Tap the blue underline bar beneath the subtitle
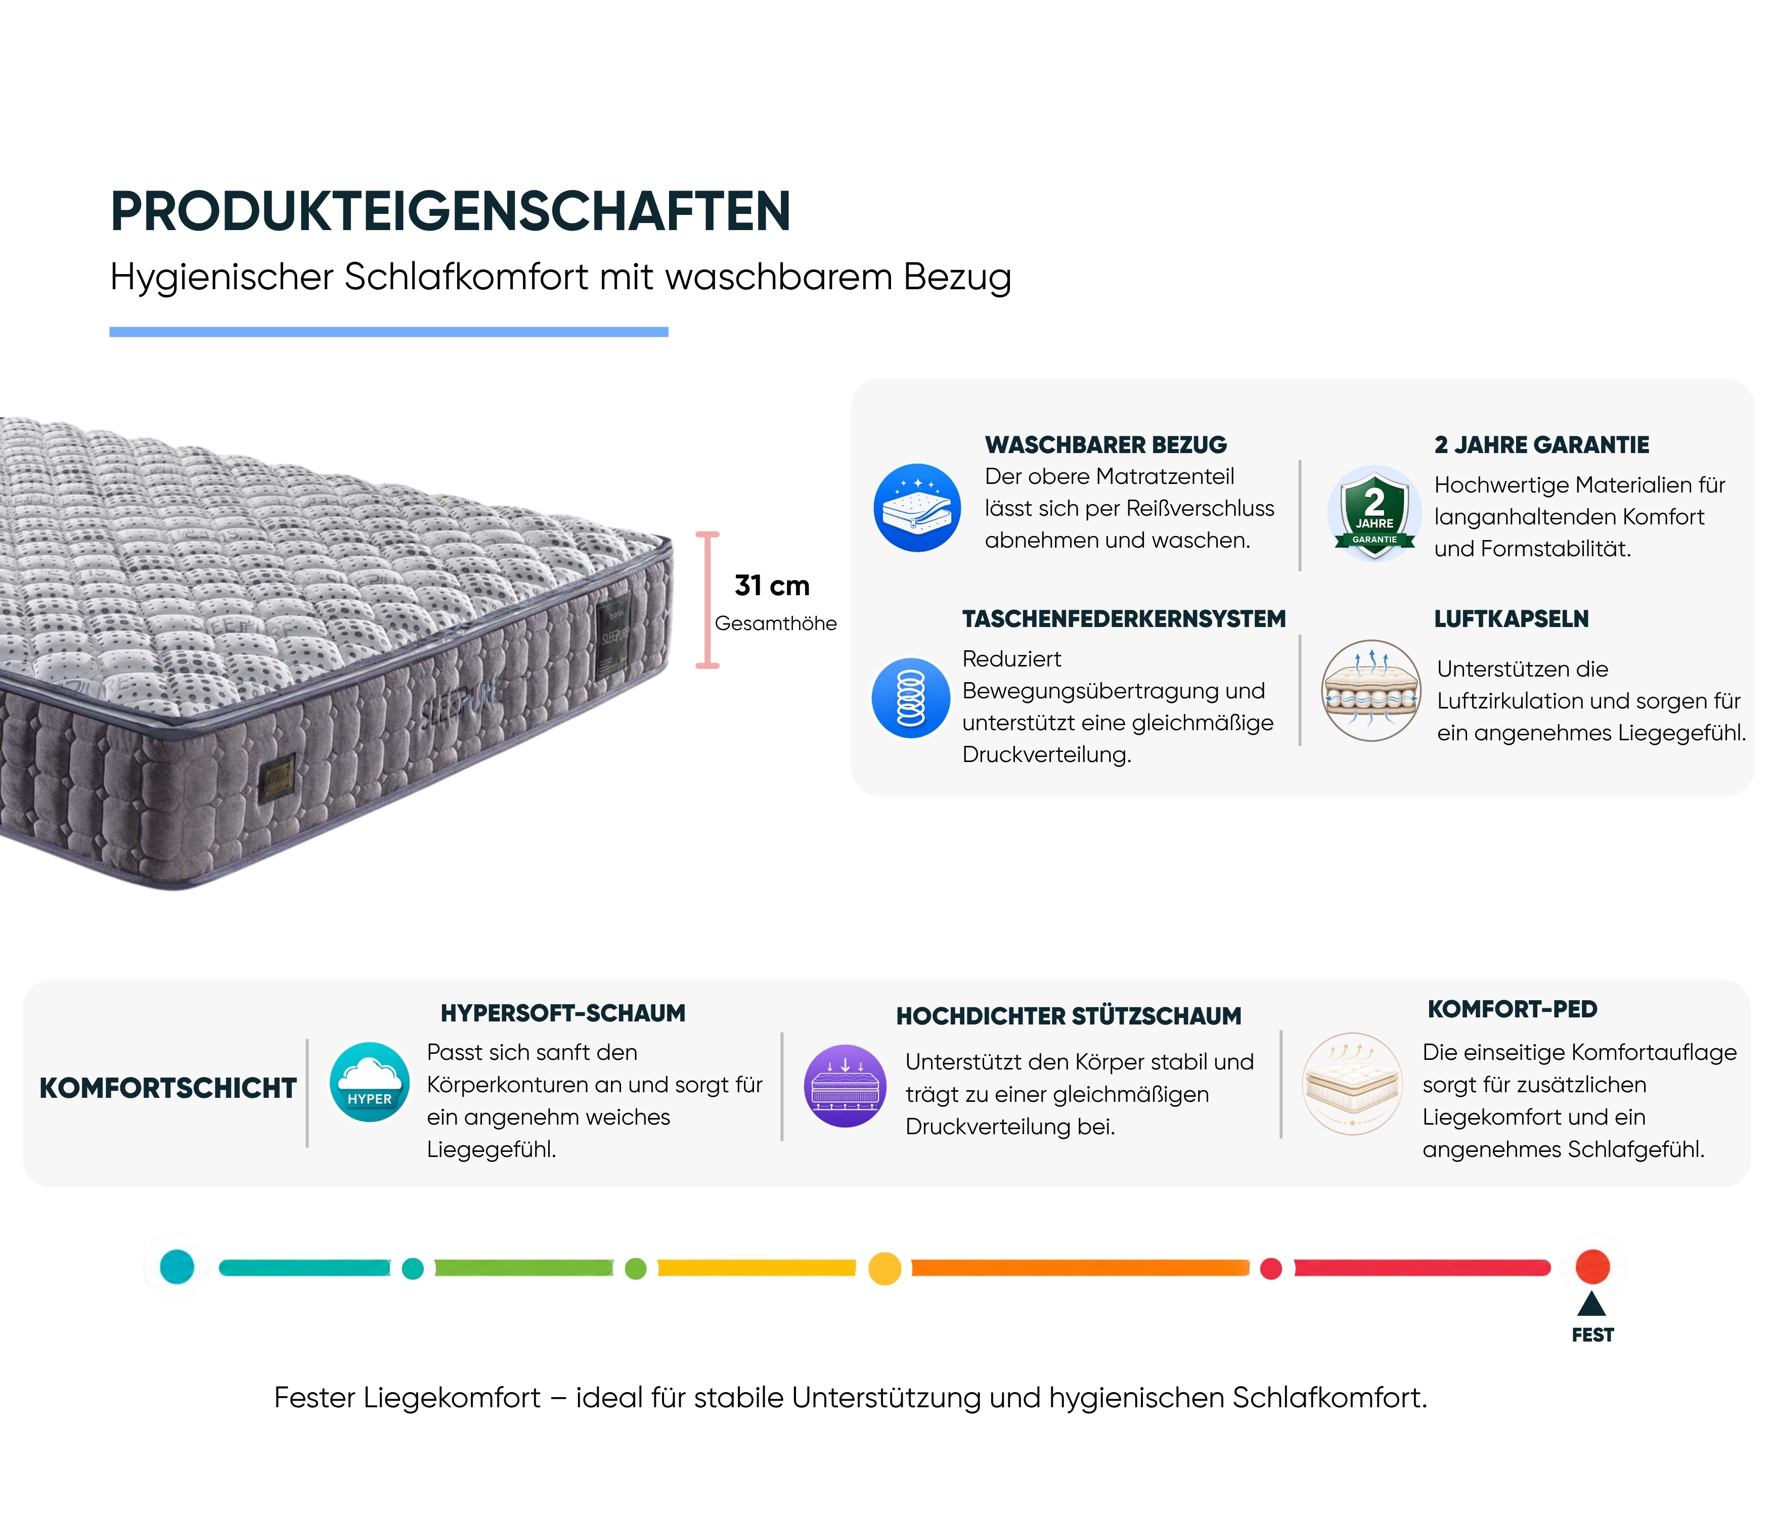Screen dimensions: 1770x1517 (x=389, y=331)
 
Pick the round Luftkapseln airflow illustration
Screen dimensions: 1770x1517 (x=1371, y=690)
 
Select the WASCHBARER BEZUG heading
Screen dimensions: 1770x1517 (x=1105, y=445)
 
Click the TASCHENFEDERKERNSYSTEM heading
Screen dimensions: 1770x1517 (x=1123, y=619)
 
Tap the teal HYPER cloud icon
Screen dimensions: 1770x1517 (x=370, y=1082)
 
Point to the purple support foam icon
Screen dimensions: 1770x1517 (x=845, y=1086)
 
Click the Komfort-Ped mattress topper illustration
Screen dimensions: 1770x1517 (x=1352, y=1084)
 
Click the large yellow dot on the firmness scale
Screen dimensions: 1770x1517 (x=885, y=1268)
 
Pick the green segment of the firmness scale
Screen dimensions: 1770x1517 (x=523, y=1268)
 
